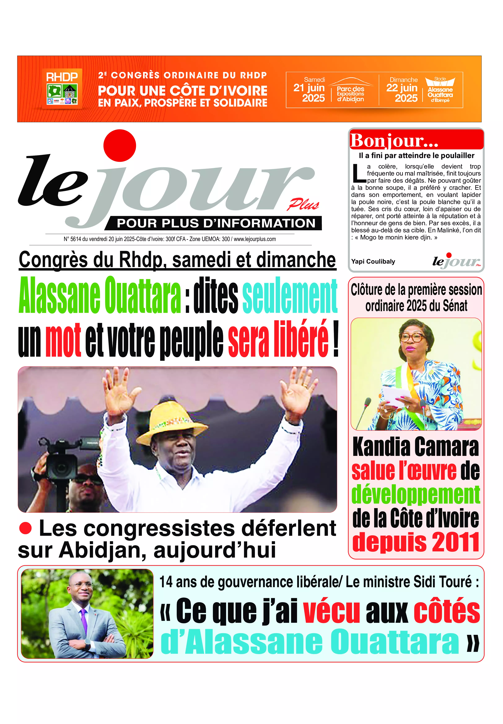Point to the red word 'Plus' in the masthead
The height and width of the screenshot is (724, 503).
(303, 205)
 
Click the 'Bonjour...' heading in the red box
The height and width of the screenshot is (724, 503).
(394, 141)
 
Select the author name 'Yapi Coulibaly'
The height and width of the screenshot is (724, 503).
(373, 261)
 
